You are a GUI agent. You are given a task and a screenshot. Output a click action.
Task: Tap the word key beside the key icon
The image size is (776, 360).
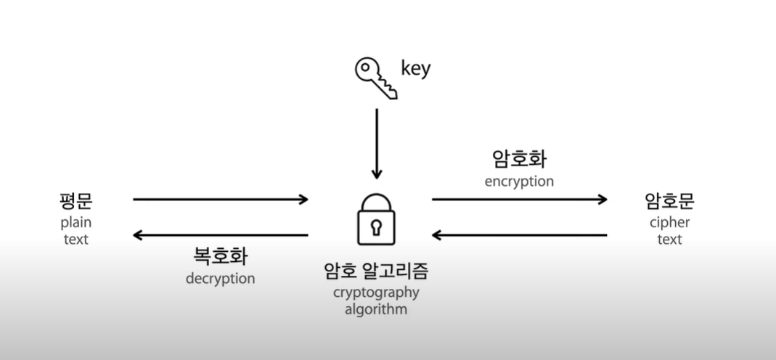tap(415, 69)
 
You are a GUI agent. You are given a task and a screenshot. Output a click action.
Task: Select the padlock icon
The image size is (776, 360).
tap(376, 219)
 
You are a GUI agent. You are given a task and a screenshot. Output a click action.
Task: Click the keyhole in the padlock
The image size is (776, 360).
tap(376, 228)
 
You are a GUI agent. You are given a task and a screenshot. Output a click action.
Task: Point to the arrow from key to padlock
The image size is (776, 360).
tap(376, 144)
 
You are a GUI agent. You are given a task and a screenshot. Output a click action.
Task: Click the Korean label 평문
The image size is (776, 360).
tap(75, 200)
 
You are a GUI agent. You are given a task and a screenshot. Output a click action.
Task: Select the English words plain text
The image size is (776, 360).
tap(75, 231)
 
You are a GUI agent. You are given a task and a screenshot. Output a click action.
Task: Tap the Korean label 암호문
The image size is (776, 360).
tap(669, 200)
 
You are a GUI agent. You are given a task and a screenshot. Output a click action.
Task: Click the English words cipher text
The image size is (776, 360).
tap(669, 231)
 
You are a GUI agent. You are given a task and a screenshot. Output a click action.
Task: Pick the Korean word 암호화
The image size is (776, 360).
tap(519, 159)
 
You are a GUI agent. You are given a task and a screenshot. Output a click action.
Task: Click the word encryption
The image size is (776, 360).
tap(519, 181)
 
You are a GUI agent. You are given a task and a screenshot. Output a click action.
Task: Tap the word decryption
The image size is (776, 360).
tap(220, 279)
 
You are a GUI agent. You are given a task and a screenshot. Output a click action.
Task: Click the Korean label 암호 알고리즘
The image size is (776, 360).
tap(376, 271)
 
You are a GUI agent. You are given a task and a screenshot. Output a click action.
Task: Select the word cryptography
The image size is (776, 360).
tap(376, 293)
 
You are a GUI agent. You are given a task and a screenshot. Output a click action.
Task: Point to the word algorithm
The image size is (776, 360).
tap(376, 310)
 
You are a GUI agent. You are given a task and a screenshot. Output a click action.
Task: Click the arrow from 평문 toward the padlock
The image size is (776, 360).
tap(221, 199)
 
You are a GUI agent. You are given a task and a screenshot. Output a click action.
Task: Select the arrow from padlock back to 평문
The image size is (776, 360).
tap(221, 235)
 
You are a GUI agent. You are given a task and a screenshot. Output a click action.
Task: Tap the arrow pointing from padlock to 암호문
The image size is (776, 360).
tap(519, 199)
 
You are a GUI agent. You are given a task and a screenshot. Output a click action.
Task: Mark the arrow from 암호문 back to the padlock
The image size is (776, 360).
tap(519, 235)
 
